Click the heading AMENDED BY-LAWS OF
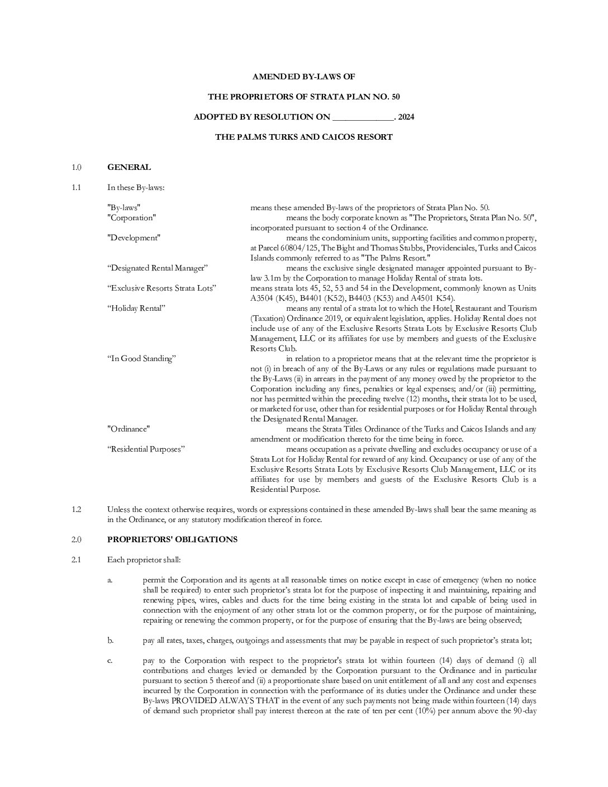point(303,77)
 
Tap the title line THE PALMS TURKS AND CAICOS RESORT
point(303,137)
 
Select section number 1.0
point(77,167)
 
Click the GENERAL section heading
point(129,167)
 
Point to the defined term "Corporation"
point(131,218)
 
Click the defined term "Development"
point(133,238)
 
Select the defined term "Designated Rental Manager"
point(157,268)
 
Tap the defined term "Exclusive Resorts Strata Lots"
point(161,288)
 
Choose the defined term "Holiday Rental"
point(136,309)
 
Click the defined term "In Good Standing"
point(141,359)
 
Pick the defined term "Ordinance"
point(129,429)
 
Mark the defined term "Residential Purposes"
point(145,449)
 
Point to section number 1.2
point(77,510)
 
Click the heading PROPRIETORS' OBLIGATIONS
point(172,540)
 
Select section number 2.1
point(77,560)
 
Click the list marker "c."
point(110,661)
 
